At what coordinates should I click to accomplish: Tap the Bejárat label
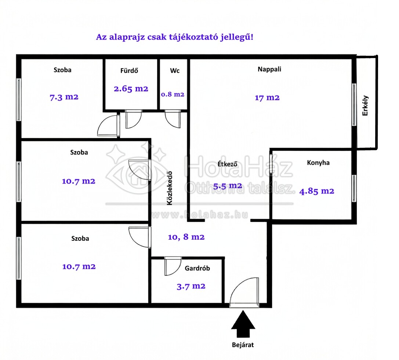tap(243, 345)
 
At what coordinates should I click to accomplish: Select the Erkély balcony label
tap(365, 106)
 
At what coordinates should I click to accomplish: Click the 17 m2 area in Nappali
tap(267, 98)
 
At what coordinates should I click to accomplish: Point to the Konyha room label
tap(318, 163)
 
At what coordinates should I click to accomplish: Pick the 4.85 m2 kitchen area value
tap(316, 191)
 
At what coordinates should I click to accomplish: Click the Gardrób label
tap(197, 268)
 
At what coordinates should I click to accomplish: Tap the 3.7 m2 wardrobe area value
tap(191, 286)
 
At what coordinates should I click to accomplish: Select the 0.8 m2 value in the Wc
tap(173, 94)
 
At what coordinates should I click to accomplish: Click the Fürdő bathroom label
tap(129, 70)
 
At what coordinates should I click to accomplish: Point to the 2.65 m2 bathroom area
tap(131, 89)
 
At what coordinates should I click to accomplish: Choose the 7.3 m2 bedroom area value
tap(64, 97)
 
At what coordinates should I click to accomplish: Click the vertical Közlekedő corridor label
tap(170, 188)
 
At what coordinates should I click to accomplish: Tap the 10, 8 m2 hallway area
tap(186, 237)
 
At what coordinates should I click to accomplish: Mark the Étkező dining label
tap(227, 164)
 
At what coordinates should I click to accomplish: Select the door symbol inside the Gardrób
tap(173, 266)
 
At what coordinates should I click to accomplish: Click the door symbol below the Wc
tap(173, 119)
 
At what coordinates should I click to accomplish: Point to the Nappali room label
tap(269, 69)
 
